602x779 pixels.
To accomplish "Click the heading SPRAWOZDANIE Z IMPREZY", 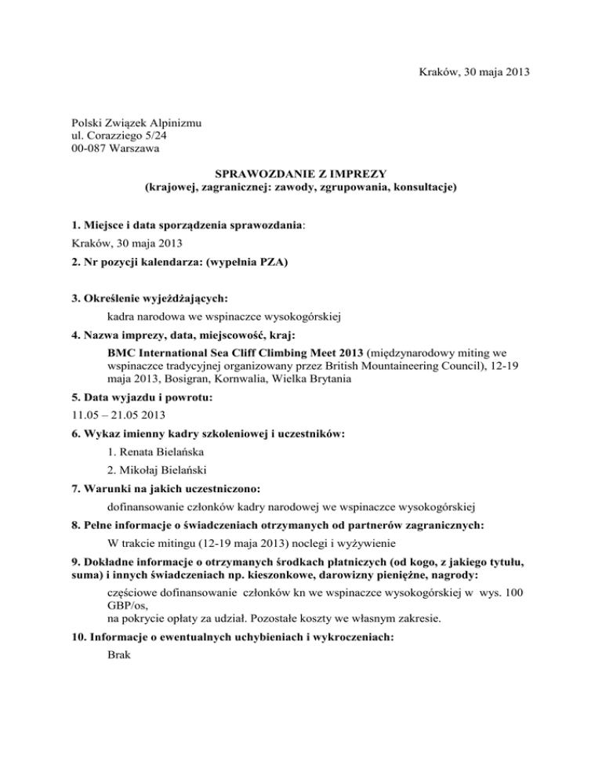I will (300, 175).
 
